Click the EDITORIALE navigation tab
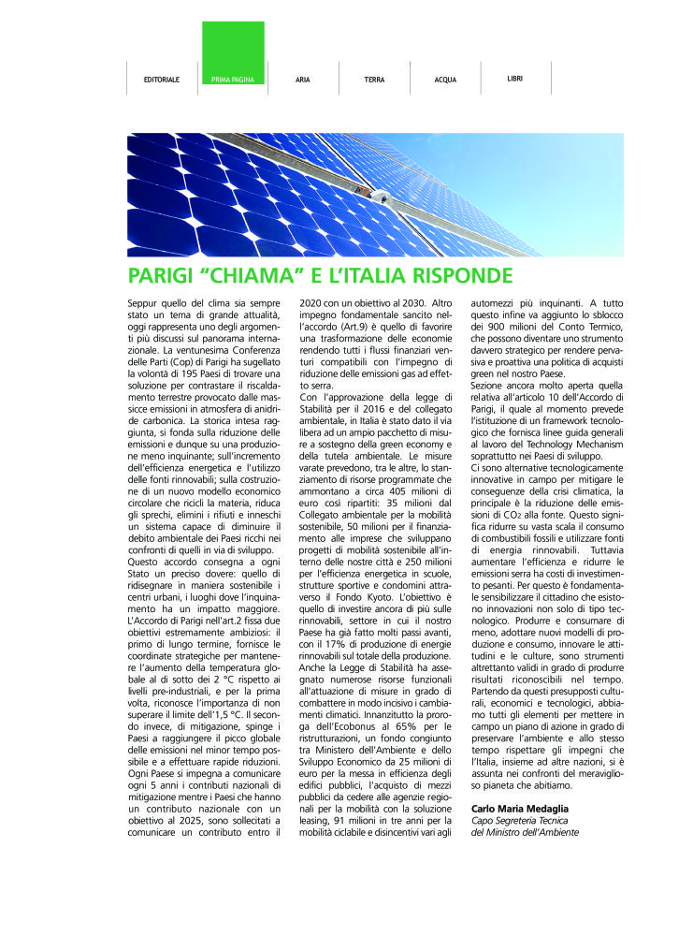coord(162,80)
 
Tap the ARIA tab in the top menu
coord(303,80)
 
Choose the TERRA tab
coord(374,80)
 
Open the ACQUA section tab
coord(445,80)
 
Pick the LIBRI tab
coord(515,79)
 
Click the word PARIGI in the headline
coord(161,276)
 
